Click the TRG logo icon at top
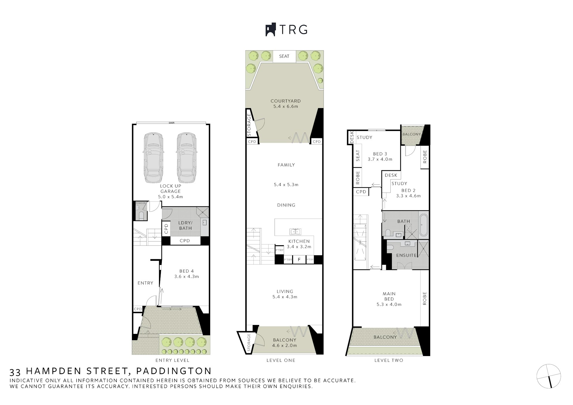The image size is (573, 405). (270, 30)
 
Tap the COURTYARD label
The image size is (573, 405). (286, 101)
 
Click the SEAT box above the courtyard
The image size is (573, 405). (284, 56)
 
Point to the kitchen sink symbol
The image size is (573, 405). (295, 231)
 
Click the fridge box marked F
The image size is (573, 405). (299, 260)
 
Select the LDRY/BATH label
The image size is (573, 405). (185, 225)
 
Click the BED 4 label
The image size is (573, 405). (184, 271)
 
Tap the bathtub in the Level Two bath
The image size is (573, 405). (423, 225)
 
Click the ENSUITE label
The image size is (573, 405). (406, 255)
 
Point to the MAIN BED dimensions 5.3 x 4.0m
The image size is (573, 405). (389, 305)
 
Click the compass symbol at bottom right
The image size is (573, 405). (549, 376)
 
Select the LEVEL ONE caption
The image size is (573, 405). (281, 360)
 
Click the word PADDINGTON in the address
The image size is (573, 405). (174, 371)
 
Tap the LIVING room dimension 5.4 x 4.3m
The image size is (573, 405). (285, 297)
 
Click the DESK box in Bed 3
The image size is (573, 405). (352, 137)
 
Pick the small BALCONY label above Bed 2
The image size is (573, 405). (412, 134)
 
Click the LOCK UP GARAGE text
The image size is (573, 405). (170, 188)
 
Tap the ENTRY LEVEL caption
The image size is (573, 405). (172, 360)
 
